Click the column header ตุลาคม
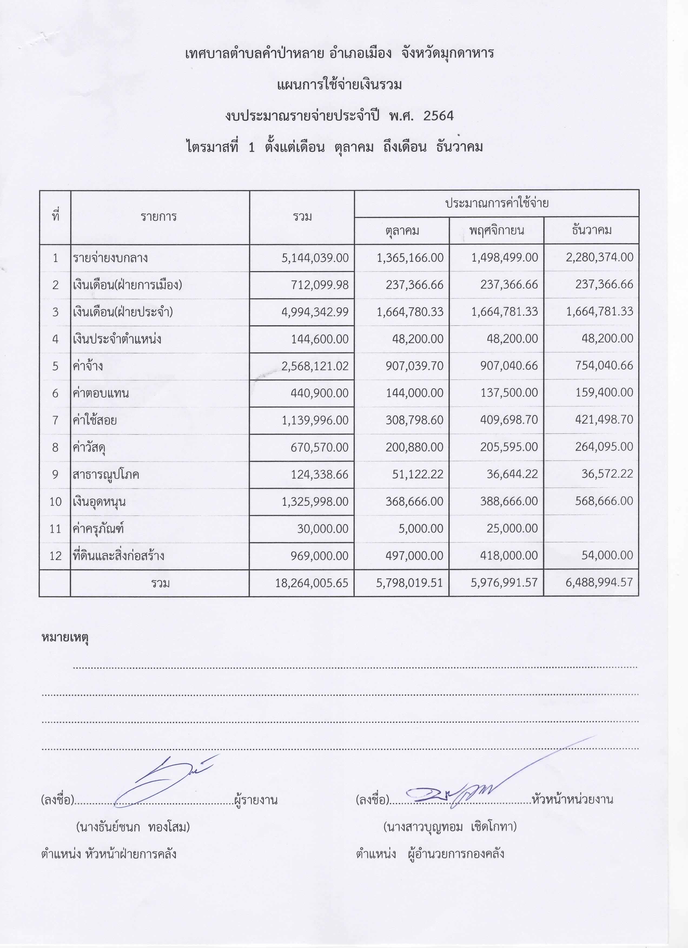[x=402, y=230]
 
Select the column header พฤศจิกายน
[x=496, y=230]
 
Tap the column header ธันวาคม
[x=591, y=230]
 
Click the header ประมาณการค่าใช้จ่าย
[x=496, y=203]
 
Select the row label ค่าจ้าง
[x=87, y=366]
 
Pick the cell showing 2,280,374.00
[x=600, y=258]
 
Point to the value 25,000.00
[x=512, y=528]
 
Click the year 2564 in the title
[x=438, y=116]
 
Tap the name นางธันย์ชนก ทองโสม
[x=133, y=827]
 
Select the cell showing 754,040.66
[x=604, y=366]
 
